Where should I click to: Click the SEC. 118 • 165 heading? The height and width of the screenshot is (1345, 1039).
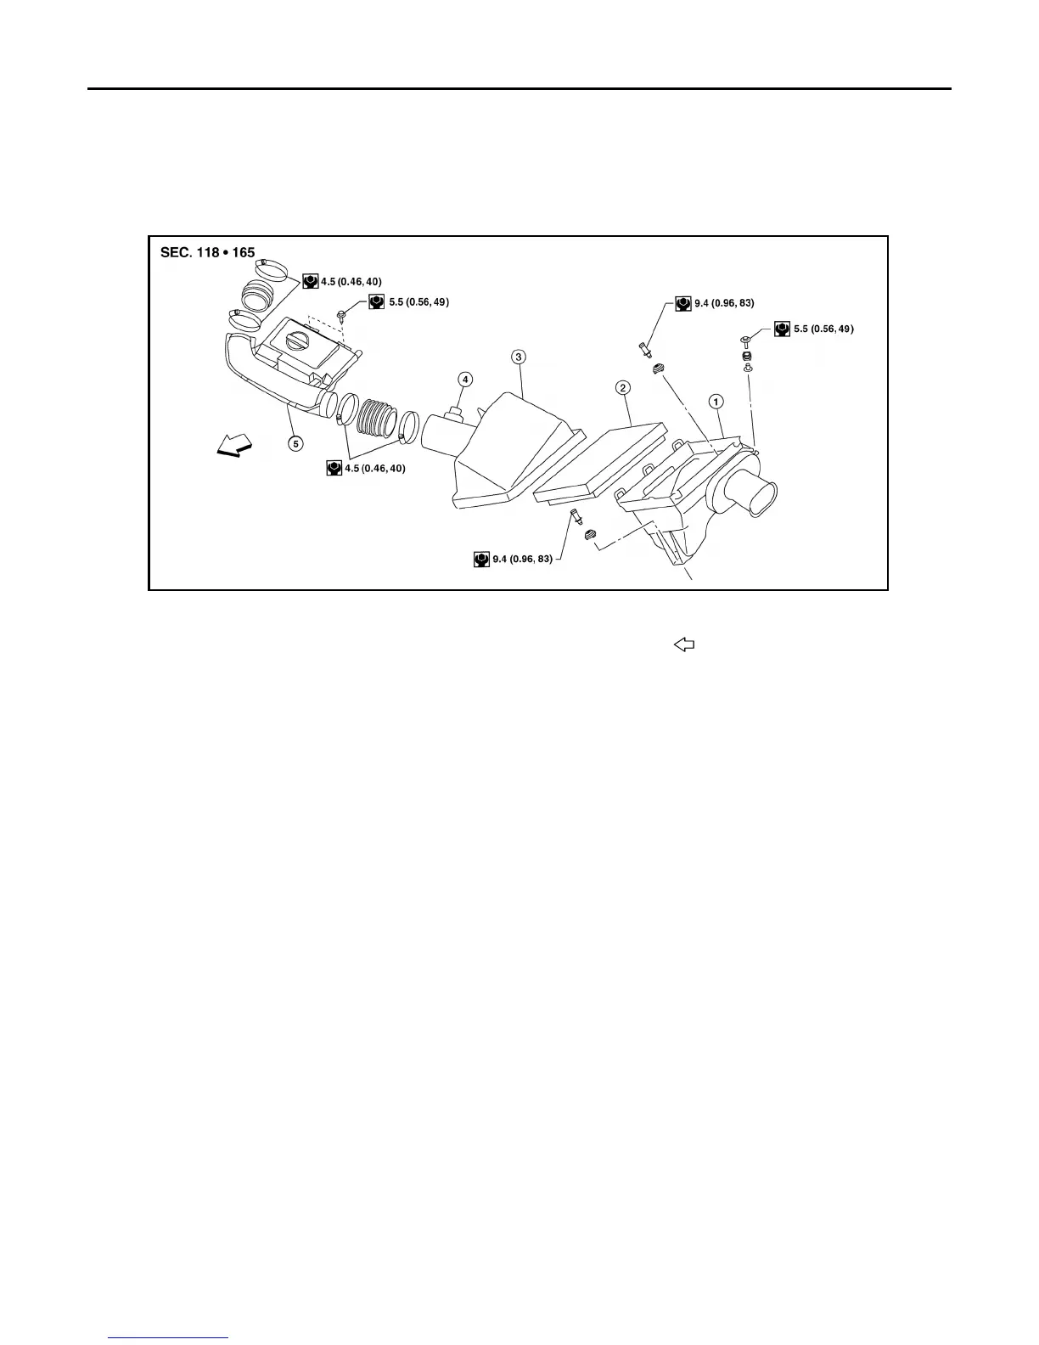[x=207, y=253]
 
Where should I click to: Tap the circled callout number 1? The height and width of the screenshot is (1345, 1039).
[x=716, y=400]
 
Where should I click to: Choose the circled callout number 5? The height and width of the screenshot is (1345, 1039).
[x=295, y=442]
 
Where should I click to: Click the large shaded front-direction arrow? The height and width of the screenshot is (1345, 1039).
[x=234, y=445]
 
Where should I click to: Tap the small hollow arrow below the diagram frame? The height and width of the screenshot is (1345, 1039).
[x=684, y=645]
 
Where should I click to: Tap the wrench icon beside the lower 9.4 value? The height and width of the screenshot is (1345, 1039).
[x=480, y=559]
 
